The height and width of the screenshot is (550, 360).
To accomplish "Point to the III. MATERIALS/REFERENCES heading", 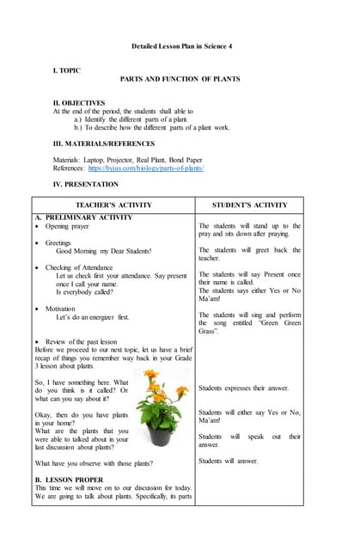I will [104, 144].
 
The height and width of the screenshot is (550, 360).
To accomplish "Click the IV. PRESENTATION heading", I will [86, 184].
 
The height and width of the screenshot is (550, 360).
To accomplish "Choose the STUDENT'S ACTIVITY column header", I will [250, 205].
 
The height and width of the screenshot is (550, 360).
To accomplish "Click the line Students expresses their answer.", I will [243, 388].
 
